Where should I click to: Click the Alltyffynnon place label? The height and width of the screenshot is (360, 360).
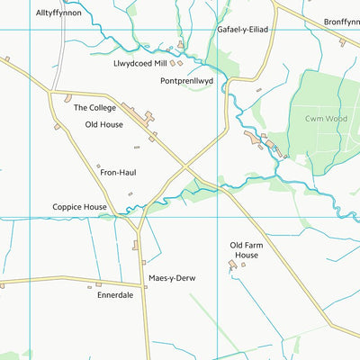coord(58,13)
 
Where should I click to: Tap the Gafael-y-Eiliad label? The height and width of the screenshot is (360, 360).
coord(242,30)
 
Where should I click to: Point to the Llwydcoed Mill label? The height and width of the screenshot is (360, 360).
coord(140,63)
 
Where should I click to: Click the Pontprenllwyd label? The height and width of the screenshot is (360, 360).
coord(186,80)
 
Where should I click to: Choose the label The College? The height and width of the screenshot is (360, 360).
coord(95,106)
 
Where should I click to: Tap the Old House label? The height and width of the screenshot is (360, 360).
coord(103,124)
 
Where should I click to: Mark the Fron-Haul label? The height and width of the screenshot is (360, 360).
coord(118,172)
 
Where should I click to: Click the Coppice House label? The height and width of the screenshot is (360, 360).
coord(79,207)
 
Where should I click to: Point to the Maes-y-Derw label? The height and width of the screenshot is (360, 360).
coord(172,278)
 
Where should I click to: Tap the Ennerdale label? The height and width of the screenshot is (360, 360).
coord(115,293)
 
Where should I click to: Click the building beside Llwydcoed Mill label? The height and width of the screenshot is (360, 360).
coord(178,63)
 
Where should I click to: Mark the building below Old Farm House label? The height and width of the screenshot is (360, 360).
coord(231,265)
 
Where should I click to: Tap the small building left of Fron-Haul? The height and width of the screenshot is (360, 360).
coord(98,166)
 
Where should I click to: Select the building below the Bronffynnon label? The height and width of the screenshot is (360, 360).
coord(342,41)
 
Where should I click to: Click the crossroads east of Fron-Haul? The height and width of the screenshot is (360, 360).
coord(186,166)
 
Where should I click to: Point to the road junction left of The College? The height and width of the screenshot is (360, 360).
coord(51,92)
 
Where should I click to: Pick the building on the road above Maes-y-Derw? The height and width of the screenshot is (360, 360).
coord(137,244)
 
